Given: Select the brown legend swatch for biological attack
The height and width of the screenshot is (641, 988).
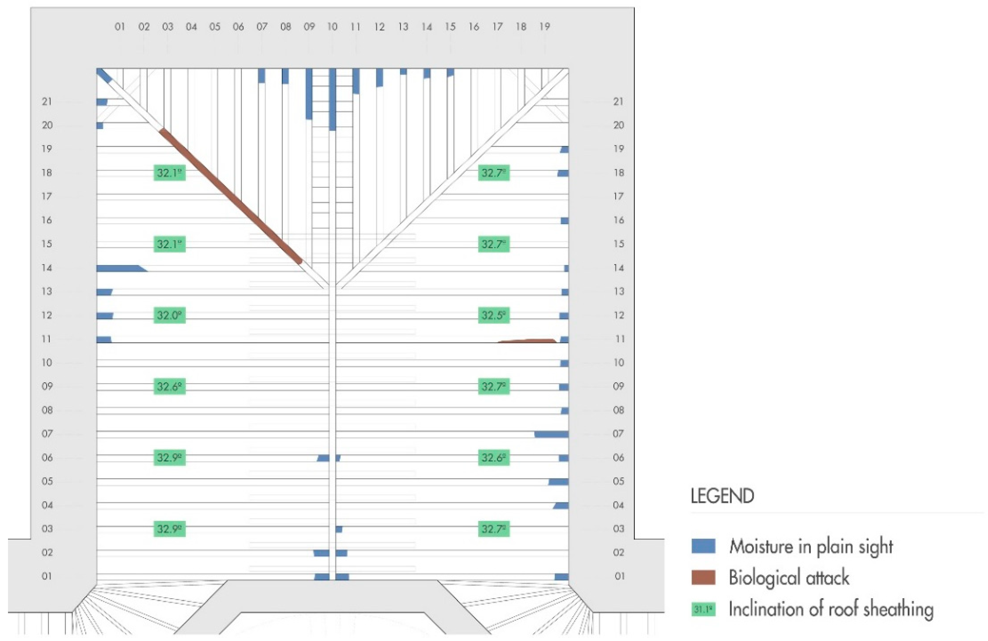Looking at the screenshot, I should point(703,577).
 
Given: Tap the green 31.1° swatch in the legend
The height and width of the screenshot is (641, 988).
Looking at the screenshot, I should point(703,609).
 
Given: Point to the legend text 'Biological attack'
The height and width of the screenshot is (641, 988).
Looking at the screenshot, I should point(789,577).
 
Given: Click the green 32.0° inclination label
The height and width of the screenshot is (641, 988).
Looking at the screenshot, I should point(169,315).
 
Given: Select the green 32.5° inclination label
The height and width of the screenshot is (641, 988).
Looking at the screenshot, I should point(493,315).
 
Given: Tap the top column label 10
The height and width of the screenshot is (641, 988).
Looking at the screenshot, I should point(332,27).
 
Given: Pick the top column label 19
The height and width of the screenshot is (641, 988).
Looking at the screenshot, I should point(545,27).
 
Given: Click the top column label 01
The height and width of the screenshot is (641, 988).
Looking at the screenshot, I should point(119,27).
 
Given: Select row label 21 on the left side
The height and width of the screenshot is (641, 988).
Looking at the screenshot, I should point(47,102).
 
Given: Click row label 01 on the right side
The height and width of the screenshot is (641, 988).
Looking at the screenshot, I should point(619,576).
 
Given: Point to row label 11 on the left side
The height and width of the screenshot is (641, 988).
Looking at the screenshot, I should point(47,339).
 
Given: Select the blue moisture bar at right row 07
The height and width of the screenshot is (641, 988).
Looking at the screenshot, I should point(551,434).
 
